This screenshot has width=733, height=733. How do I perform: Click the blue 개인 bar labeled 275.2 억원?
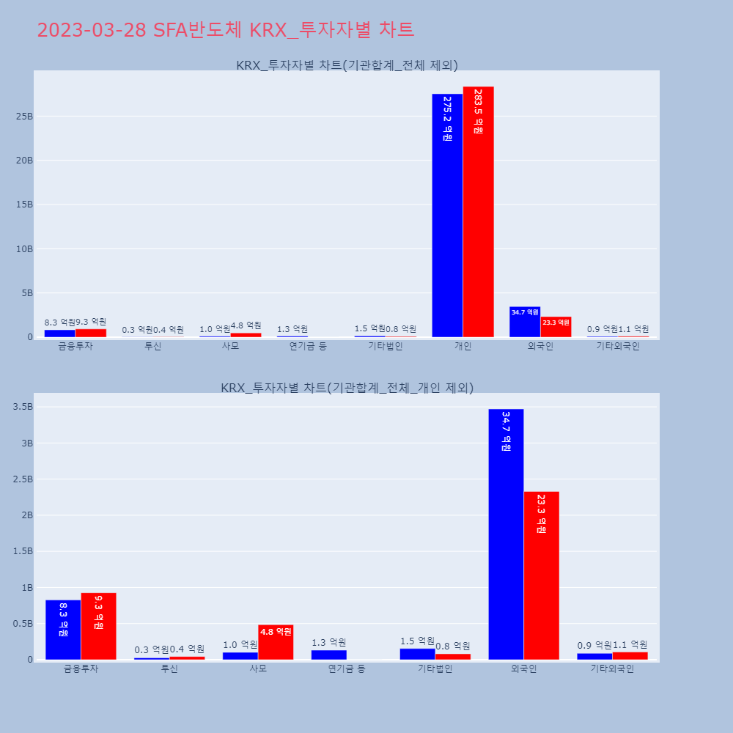tap(447, 220)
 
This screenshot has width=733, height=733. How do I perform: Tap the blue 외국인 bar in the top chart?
tap(525, 323)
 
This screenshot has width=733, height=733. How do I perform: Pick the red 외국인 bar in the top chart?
tap(556, 327)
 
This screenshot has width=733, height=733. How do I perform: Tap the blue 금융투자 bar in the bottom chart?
tap(63, 630)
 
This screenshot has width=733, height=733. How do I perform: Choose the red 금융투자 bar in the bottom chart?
tap(98, 627)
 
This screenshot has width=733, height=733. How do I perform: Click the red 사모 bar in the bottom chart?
tap(276, 643)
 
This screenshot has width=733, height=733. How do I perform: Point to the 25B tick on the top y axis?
tap(23, 117)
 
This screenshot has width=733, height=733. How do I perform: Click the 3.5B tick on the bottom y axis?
tap(21, 407)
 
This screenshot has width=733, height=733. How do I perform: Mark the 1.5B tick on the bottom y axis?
tap(21, 551)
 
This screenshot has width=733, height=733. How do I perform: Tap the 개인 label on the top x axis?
tap(463, 346)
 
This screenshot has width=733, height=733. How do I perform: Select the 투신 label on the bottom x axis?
tap(169, 668)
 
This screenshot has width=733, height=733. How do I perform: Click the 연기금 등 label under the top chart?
tap(308, 346)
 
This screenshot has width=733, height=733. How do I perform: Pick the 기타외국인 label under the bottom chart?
tap(612, 668)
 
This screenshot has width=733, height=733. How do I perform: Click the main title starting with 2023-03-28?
tap(225, 30)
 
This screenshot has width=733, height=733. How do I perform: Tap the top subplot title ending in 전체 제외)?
tap(347, 65)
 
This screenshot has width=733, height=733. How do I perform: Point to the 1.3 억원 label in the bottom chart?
tap(328, 642)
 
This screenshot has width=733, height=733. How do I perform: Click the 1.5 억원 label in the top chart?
tap(369, 328)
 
